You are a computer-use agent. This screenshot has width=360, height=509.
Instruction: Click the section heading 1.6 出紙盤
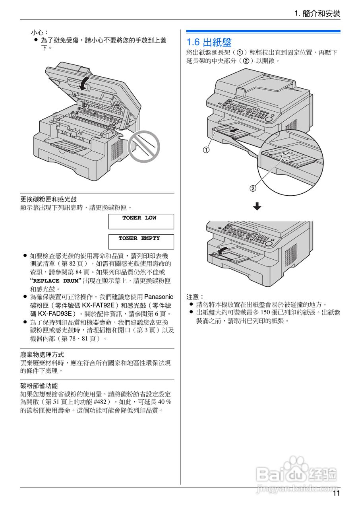[x=209, y=42]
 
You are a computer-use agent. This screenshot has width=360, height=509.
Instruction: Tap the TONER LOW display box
[x=141, y=221]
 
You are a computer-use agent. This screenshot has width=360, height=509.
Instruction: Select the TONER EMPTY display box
[x=141, y=242]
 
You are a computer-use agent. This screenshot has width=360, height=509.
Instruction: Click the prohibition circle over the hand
[x=144, y=147]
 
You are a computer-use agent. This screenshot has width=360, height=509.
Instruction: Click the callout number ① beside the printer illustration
[x=206, y=150]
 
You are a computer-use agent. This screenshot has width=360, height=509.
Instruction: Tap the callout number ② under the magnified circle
[x=253, y=188]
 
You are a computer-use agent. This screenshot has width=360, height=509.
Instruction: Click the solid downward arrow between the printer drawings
[x=257, y=206]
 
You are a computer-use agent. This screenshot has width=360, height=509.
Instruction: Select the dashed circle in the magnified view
[x=286, y=157]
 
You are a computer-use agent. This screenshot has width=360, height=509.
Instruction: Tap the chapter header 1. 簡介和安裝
[x=317, y=14]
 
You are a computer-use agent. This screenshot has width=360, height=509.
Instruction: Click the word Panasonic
[x=159, y=297]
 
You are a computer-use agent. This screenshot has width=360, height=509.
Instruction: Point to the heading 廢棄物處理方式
[x=42, y=354]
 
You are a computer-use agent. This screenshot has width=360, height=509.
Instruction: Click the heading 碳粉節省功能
[x=39, y=386]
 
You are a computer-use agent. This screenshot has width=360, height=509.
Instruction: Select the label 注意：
[x=195, y=297]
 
